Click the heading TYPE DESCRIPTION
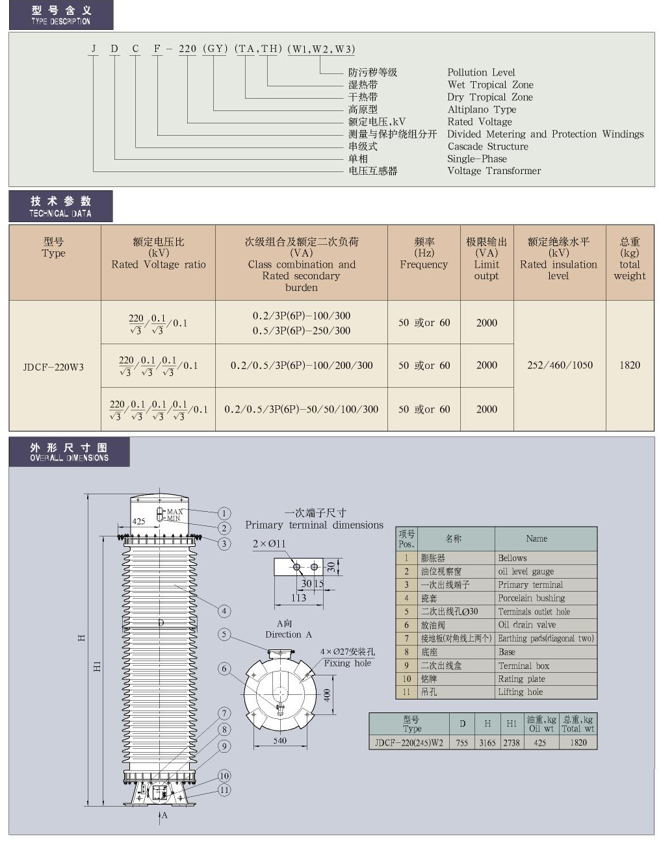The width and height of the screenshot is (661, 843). (x=60, y=21)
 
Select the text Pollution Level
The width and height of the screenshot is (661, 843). (x=480, y=72)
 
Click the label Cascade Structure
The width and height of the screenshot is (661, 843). (x=487, y=146)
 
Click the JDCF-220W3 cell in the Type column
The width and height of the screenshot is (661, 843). (x=53, y=367)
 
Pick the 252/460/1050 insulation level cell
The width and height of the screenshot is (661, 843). (x=560, y=365)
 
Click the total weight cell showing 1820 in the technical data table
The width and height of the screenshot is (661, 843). (x=629, y=365)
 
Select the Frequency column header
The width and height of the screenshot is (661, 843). (x=424, y=253)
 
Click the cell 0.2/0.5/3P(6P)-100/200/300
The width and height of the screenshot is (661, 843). (x=302, y=365)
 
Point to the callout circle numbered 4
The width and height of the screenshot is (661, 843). (x=224, y=610)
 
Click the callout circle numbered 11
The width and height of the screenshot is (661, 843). (x=224, y=790)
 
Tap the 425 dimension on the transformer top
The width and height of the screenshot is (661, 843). (x=138, y=521)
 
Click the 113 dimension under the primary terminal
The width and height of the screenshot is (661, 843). (x=298, y=598)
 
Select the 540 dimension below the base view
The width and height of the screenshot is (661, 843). (x=279, y=740)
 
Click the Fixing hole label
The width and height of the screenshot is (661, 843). (x=347, y=663)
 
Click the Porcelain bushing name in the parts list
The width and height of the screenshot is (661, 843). (x=531, y=598)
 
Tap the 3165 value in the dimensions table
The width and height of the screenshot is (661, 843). (x=487, y=742)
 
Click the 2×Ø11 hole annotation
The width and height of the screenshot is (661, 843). (x=268, y=544)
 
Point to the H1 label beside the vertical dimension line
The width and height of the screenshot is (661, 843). (x=97, y=666)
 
